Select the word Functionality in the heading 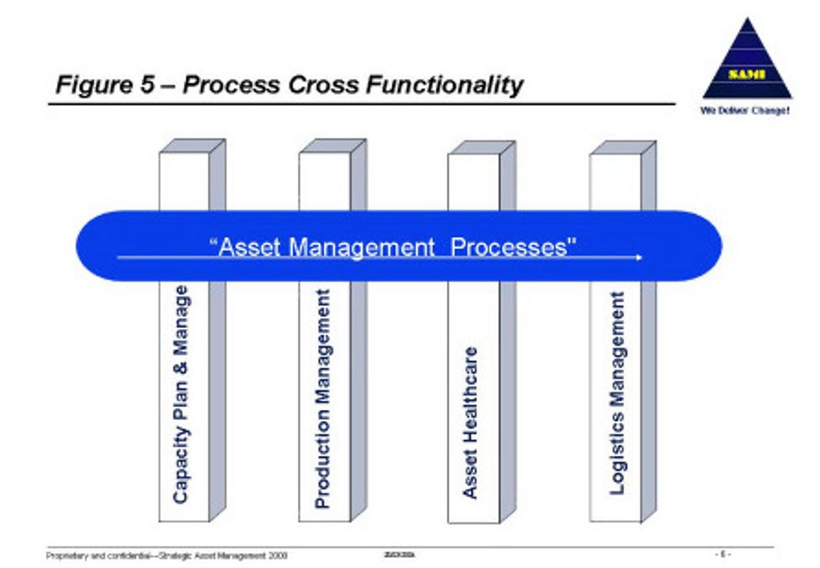(x=441, y=84)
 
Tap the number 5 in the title (x=146, y=84)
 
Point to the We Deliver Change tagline (x=745, y=110)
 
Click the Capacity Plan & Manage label (x=181, y=394)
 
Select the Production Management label (x=322, y=399)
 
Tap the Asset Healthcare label (x=470, y=422)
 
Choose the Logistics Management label (x=618, y=393)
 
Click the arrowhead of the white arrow (x=638, y=258)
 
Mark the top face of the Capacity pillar (x=192, y=146)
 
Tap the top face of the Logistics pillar (x=623, y=148)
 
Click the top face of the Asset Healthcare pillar (x=481, y=148)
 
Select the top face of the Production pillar (x=333, y=146)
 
